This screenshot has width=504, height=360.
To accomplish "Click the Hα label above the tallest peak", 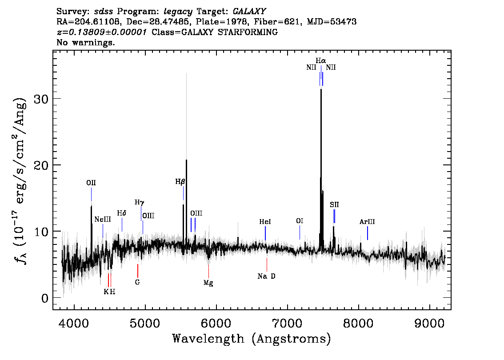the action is [320, 61].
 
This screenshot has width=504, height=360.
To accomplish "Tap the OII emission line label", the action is [91, 183].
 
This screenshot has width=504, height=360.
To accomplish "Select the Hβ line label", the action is [180, 182].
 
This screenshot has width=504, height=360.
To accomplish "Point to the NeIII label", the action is [103, 219].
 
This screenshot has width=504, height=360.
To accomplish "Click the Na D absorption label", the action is [267, 276].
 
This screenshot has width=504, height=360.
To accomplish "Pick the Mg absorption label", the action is [208, 283].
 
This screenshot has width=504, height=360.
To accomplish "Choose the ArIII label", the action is [367, 222].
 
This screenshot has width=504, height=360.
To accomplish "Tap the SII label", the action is [334, 205].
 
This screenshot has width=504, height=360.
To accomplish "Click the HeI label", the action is [265, 222].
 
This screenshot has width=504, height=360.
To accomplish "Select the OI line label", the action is [300, 221].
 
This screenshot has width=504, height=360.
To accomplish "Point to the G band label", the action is [138, 282].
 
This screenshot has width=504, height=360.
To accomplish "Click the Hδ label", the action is [121, 213].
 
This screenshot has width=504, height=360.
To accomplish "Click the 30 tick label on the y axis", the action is [41, 98].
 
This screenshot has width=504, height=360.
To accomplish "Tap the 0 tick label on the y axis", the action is [45, 298].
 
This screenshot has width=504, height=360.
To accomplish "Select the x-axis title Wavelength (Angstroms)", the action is [252, 339].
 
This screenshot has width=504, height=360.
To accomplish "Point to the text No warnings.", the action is [85, 42].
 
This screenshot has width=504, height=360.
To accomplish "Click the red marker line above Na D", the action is [267, 264].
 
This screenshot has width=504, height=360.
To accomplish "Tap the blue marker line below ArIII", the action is [368, 233].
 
